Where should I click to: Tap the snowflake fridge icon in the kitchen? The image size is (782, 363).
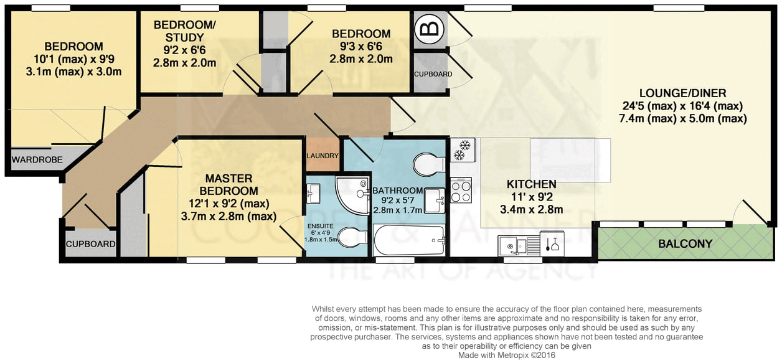click(x=463, y=149)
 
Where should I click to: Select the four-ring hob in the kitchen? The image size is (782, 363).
click(x=461, y=191)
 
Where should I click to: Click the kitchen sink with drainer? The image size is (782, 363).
click(x=516, y=246)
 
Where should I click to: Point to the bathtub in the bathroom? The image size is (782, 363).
click(x=409, y=240)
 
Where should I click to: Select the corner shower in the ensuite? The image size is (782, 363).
click(x=351, y=192)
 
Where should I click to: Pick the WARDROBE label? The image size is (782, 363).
click(x=37, y=160)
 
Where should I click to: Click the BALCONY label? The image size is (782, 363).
click(x=685, y=244)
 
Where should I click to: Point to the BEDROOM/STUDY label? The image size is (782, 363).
click(x=184, y=31)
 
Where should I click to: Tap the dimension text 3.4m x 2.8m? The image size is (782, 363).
click(x=530, y=210)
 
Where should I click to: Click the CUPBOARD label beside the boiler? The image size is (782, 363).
click(x=433, y=74)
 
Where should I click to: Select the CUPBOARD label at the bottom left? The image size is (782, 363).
click(x=91, y=244)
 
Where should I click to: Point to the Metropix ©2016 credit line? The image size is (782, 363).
click(x=506, y=355)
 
